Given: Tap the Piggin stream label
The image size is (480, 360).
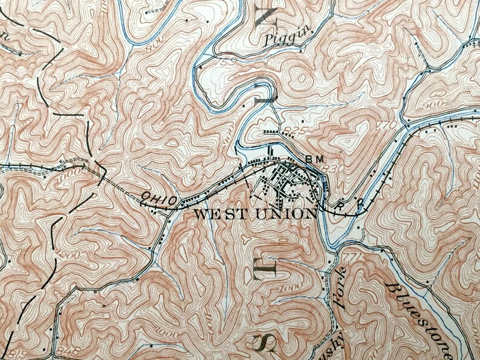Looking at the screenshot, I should [282, 39].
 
